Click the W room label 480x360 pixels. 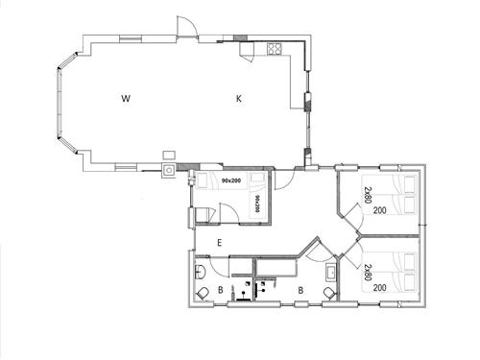(126, 98)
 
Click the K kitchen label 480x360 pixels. (240, 98)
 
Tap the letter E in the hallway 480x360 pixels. (220, 242)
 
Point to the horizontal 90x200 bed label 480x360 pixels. (230, 180)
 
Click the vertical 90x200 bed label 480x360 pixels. (257, 202)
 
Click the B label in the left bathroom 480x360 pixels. (220, 288)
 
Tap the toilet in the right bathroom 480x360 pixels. (329, 291)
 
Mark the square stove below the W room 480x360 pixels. (169, 171)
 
